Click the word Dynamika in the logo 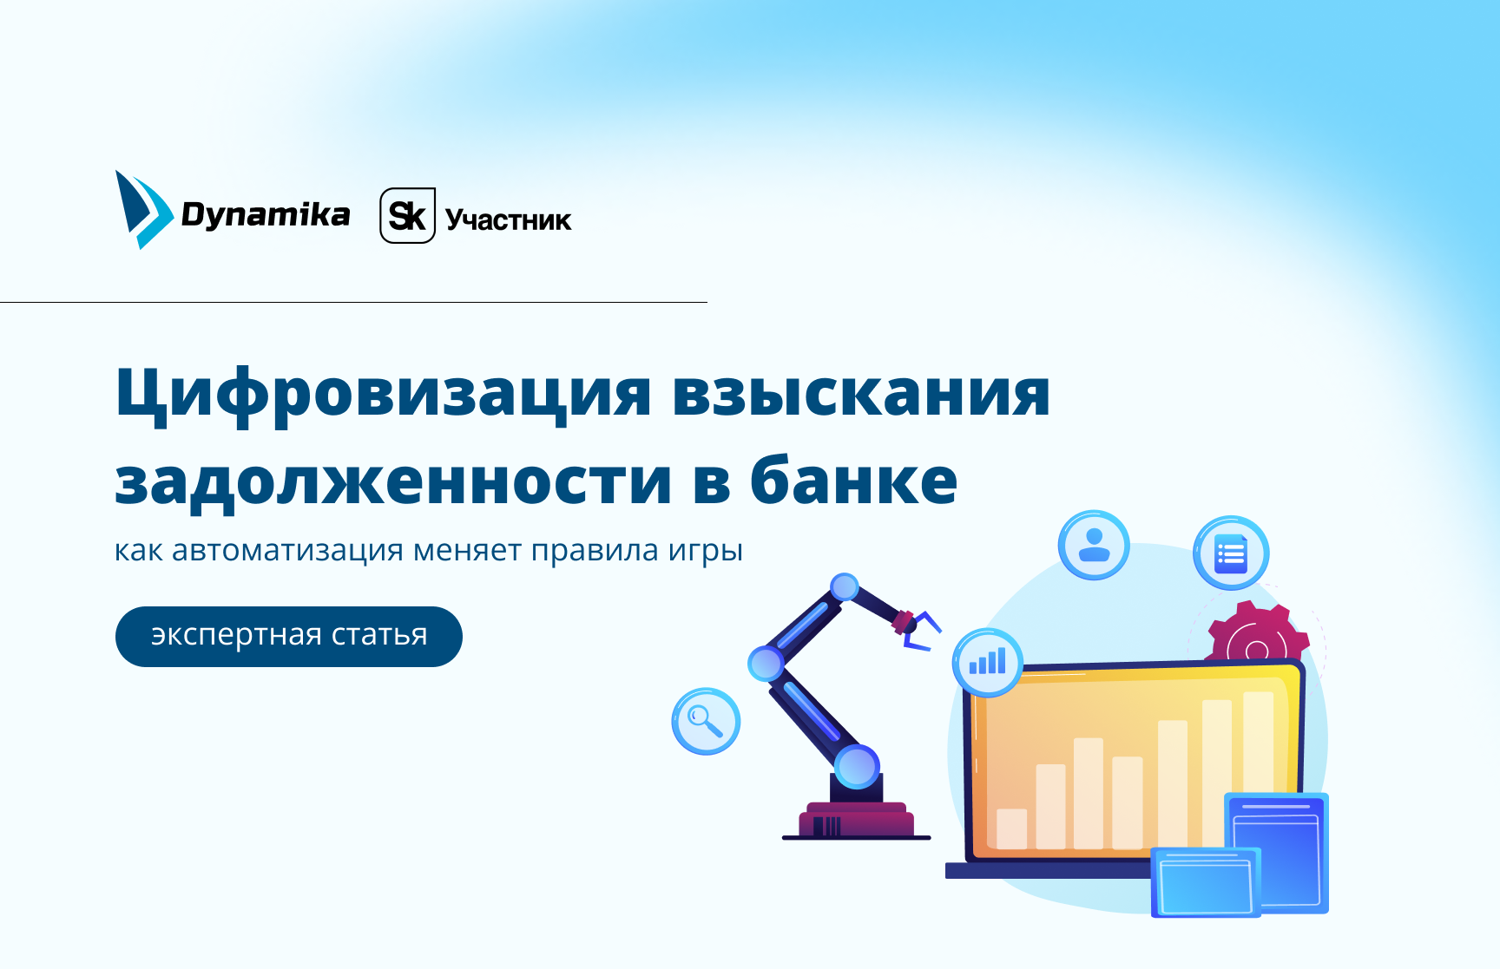[266, 214]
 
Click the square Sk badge [407, 215]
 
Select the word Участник [509, 220]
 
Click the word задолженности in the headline [393, 482]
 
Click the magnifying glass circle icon [706, 721]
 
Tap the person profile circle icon [1094, 546]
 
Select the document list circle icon [1231, 553]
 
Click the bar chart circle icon [988, 663]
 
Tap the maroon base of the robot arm [856, 819]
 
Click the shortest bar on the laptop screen [1012, 828]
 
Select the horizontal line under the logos [353, 302]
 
